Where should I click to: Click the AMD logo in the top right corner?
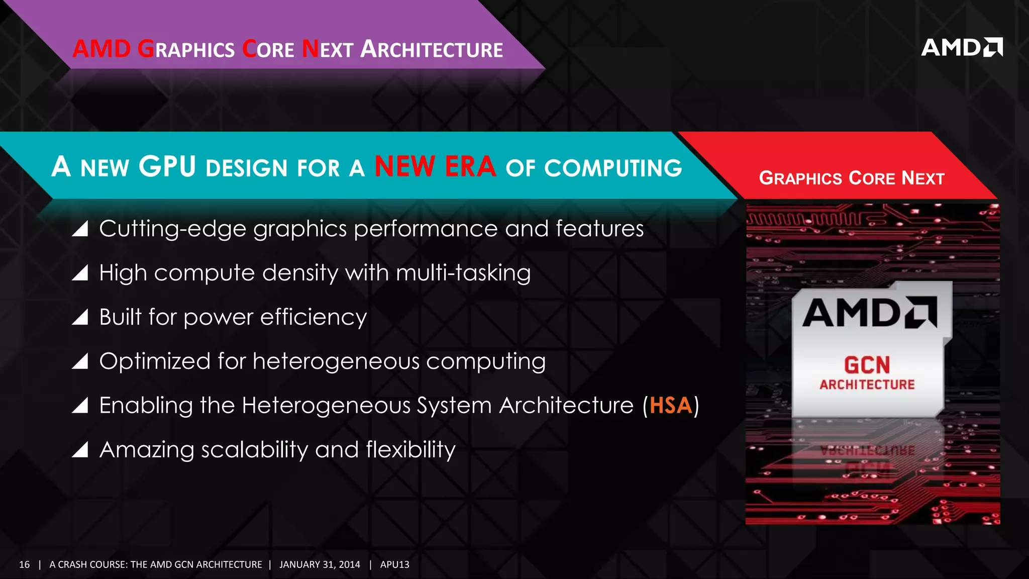tap(961, 47)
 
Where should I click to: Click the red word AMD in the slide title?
tap(101, 49)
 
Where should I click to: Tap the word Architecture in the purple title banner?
tap(432, 49)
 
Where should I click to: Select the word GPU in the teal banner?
tap(167, 166)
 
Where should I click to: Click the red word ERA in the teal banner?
tap(470, 166)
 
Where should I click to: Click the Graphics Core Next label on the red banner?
tap(852, 178)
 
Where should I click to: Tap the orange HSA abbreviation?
tap(671, 405)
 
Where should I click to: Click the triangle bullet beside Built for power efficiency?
tap(80, 317)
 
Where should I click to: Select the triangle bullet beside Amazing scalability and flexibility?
tap(80, 449)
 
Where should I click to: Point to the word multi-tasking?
tap(463, 273)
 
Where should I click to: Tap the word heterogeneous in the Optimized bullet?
tap(336, 361)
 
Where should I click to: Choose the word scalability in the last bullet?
tap(254, 450)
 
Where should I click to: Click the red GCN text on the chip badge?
tap(867, 365)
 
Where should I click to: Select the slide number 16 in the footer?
tap(24, 564)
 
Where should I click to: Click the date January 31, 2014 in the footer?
tap(320, 564)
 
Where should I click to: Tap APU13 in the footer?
tap(394, 564)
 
